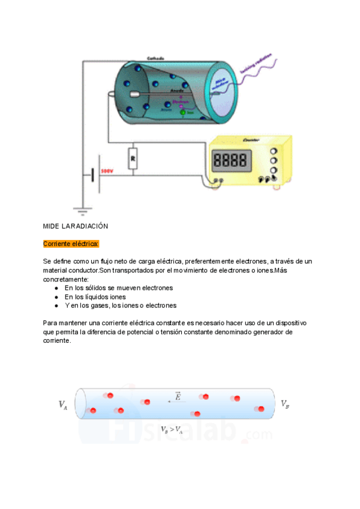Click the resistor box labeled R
coord(133,158)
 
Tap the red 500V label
coord(107,171)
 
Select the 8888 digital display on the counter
coord(230,160)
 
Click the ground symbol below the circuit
coord(82,210)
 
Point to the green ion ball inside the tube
coord(183,112)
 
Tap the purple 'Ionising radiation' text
coord(256,64)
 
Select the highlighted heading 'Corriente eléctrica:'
coord(71,244)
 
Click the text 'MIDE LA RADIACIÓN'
coord(75,226)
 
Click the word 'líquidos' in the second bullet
coord(97,297)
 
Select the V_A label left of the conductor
coord(62,405)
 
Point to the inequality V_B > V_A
coord(172,430)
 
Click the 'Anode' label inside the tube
coord(177,91)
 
